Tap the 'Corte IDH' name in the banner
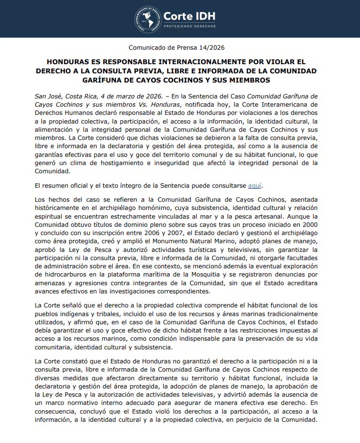point(189,16)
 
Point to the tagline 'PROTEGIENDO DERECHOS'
point(189,26)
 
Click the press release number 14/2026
point(212,47)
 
